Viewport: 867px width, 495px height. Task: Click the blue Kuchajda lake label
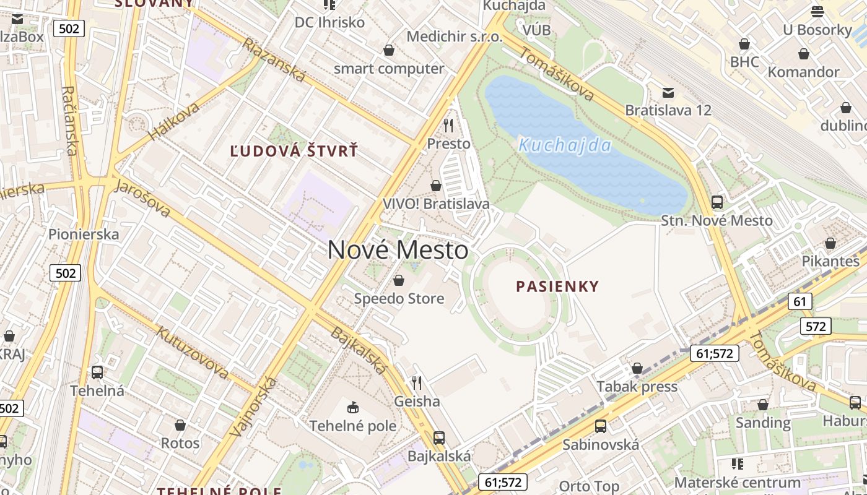(x=564, y=146)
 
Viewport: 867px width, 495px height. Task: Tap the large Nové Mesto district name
(x=398, y=250)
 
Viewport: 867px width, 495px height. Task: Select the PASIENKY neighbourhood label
(x=558, y=286)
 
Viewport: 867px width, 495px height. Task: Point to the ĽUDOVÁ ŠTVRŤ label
(x=294, y=151)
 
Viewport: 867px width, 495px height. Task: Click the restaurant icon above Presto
(x=449, y=126)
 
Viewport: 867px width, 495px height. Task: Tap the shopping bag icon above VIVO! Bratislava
(x=436, y=186)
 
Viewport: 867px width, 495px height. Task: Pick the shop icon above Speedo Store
(x=399, y=281)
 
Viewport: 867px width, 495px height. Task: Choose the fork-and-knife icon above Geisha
(x=417, y=383)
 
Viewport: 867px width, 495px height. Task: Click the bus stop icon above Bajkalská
(x=439, y=438)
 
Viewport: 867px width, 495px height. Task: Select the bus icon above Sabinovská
(x=601, y=426)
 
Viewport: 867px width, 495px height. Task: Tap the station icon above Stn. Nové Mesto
(x=717, y=202)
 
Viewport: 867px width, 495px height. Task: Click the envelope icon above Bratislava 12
(x=668, y=93)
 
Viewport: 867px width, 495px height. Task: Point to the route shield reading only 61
(x=800, y=301)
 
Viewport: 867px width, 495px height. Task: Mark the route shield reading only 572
(x=816, y=326)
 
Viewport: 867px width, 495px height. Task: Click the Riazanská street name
(x=274, y=60)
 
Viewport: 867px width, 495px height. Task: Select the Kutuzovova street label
(x=192, y=352)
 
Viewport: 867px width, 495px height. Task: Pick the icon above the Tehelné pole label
(x=353, y=407)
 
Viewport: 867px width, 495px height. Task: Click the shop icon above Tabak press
(x=637, y=369)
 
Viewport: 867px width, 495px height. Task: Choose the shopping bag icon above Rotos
(x=180, y=425)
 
